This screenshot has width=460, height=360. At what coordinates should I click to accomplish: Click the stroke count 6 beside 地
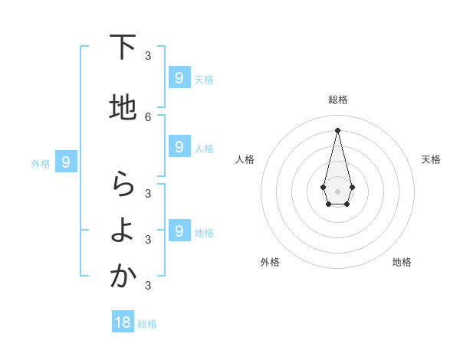click(148, 116)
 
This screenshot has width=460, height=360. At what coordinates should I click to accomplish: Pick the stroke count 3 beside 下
click(148, 55)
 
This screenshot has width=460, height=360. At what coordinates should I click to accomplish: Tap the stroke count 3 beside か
click(148, 286)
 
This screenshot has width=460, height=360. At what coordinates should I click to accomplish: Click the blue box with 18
click(123, 322)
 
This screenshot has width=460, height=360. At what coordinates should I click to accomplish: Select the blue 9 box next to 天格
click(179, 77)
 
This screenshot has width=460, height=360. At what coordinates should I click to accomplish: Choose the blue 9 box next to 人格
click(179, 146)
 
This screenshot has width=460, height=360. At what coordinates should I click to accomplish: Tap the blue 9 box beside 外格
click(66, 162)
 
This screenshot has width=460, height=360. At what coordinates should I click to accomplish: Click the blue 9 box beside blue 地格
click(179, 231)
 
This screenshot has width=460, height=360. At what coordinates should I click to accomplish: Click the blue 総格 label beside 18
click(147, 324)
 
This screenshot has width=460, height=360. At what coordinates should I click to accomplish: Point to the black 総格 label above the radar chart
click(337, 100)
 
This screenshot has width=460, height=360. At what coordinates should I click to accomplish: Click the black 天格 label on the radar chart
click(431, 159)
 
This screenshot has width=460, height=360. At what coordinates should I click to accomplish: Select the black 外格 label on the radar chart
click(270, 262)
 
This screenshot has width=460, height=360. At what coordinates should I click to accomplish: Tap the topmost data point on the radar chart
click(337, 129)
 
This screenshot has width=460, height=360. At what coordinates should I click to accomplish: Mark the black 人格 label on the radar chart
click(245, 159)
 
